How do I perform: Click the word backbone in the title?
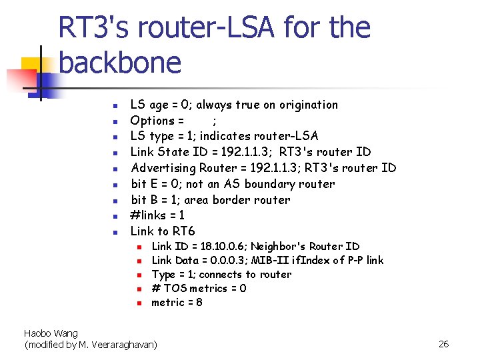click(x=120, y=63)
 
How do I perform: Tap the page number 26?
click(x=443, y=344)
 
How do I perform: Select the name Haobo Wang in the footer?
click(x=51, y=333)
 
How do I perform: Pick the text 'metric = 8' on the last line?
click(x=177, y=302)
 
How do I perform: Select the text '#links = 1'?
click(x=157, y=215)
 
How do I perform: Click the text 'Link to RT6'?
click(x=163, y=231)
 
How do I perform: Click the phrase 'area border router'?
click(x=237, y=199)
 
